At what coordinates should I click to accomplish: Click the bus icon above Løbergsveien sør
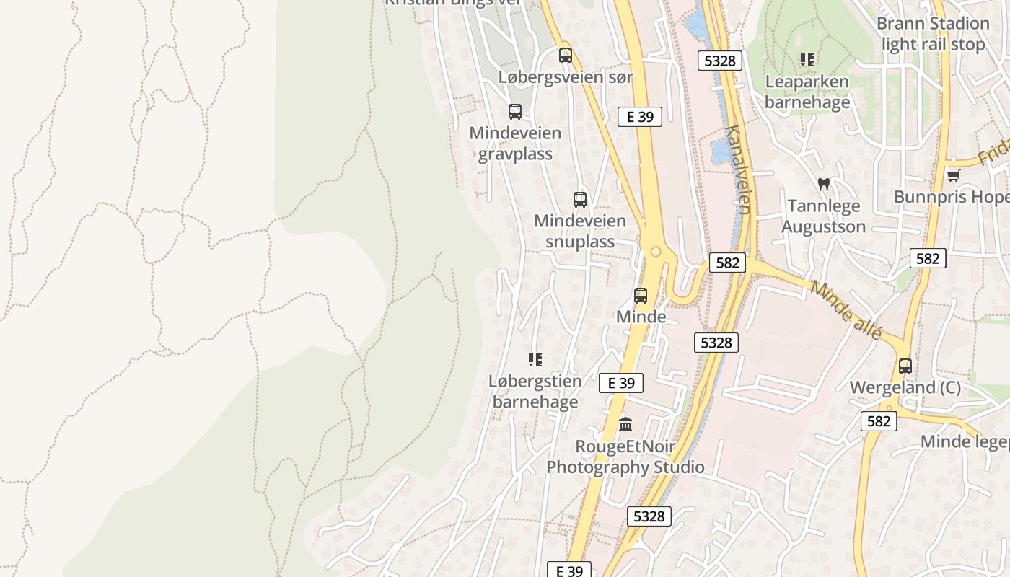point(566,56)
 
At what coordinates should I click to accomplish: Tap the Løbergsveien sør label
point(566,77)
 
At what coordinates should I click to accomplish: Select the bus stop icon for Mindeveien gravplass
point(515,112)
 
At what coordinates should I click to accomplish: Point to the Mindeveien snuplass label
point(580,231)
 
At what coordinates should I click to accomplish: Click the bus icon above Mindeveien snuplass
point(580,200)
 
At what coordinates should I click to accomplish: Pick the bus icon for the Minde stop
point(641,295)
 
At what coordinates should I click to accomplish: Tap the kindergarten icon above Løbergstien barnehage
point(535,359)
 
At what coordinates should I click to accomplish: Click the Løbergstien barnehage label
point(535,391)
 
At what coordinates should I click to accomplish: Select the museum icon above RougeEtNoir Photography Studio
point(625,424)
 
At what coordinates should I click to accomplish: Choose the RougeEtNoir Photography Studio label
point(625,457)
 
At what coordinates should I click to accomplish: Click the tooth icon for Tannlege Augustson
point(823,184)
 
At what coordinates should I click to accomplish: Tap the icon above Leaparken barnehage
point(807,60)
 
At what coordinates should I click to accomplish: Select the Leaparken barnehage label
point(807,92)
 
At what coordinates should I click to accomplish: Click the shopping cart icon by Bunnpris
point(953,175)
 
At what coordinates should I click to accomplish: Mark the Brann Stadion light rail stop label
point(933,34)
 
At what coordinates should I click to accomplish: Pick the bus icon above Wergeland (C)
point(905,366)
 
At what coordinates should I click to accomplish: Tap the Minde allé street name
point(846,310)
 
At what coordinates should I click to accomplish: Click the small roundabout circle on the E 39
point(656,252)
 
